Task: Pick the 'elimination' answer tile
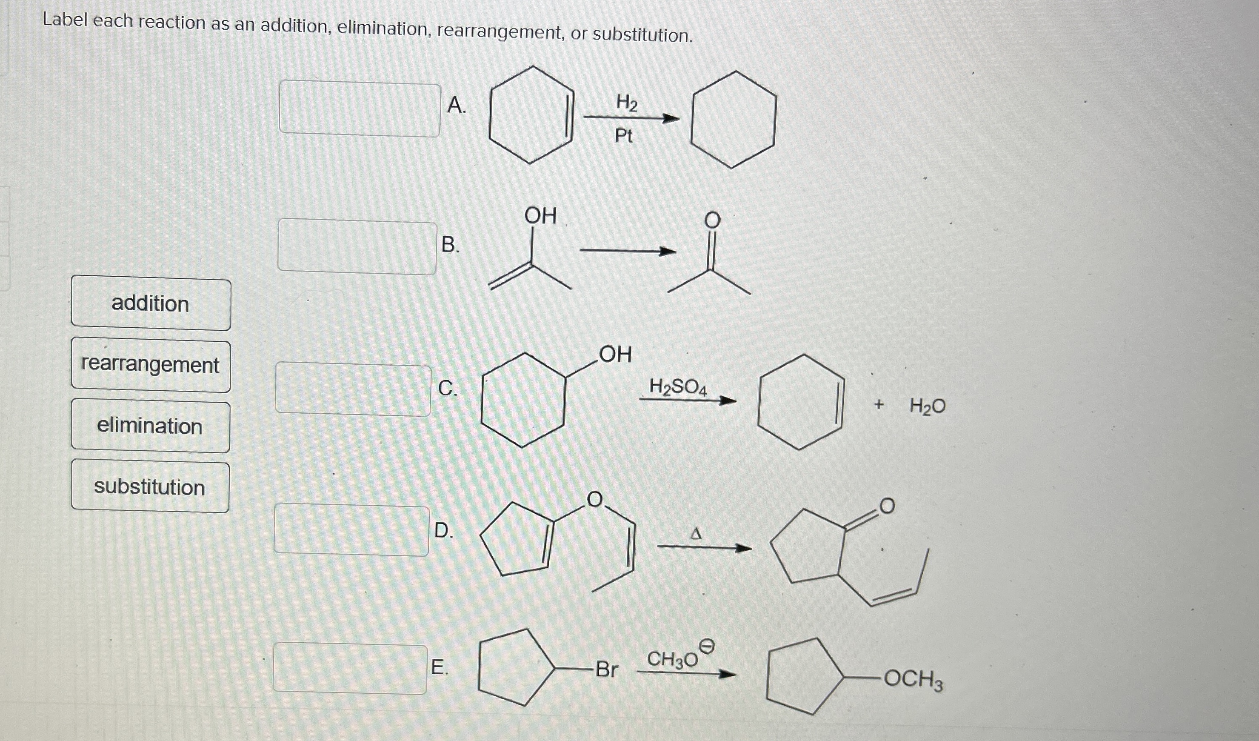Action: (x=150, y=427)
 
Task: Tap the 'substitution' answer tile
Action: (x=150, y=487)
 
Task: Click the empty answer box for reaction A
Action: (x=359, y=109)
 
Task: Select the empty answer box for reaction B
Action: (x=357, y=247)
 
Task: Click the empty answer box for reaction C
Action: (x=353, y=389)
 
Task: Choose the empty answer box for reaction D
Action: (x=351, y=529)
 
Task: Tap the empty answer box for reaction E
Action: (x=350, y=668)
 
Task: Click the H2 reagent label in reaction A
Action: (x=627, y=103)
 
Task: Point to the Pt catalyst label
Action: (x=623, y=135)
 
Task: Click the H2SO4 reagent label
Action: (x=678, y=387)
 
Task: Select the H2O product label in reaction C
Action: (x=927, y=406)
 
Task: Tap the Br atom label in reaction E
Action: (x=606, y=669)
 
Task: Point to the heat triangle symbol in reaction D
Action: (x=695, y=534)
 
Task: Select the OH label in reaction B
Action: (x=540, y=216)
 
